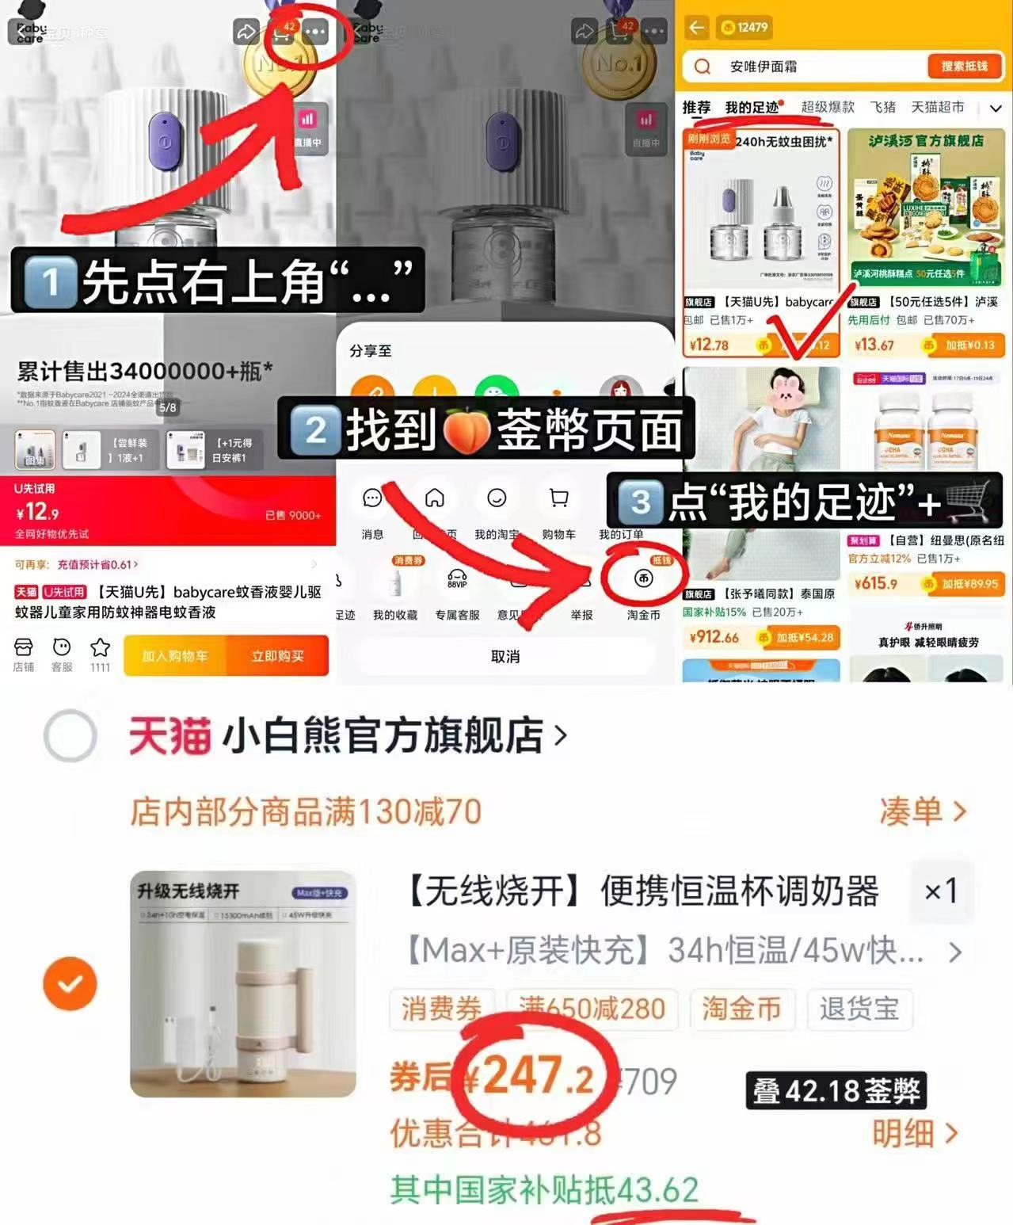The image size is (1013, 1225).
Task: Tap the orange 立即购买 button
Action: [277, 655]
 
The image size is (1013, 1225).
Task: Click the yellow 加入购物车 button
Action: [175, 655]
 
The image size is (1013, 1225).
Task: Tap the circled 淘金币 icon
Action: [643, 579]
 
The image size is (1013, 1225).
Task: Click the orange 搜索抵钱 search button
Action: [964, 67]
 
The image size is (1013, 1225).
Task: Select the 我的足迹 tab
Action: [752, 107]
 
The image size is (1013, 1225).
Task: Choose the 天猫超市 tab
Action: [937, 107]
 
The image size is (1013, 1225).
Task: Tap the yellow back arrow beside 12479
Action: [696, 28]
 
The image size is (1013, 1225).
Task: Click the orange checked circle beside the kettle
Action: [70, 983]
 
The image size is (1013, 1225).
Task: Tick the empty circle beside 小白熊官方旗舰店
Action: [70, 735]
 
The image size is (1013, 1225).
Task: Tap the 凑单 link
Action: [922, 811]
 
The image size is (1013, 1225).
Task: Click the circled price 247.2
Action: [537, 1077]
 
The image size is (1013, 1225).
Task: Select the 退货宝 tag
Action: [859, 1009]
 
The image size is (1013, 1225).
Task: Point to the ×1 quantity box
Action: [941, 891]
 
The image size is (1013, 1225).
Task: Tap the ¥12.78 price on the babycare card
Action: [709, 345]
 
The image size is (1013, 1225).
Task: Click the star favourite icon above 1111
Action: [100, 648]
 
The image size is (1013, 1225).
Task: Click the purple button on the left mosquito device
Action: [165, 142]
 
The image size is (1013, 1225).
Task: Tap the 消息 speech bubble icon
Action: [372, 498]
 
